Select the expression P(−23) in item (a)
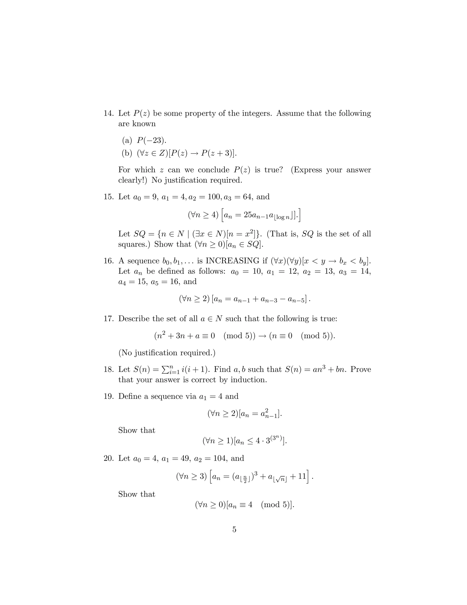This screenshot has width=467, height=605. pyautogui.click(x=152, y=140)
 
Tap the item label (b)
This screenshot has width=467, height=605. pyautogui.click(x=127, y=153)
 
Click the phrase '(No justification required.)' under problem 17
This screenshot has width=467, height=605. pyautogui.click(x=167, y=353)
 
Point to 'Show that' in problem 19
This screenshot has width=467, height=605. pyautogui.click(x=137, y=430)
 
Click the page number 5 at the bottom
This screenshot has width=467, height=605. pyautogui.click(x=234, y=529)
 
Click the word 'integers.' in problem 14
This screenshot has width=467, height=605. pyautogui.click(x=257, y=113)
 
